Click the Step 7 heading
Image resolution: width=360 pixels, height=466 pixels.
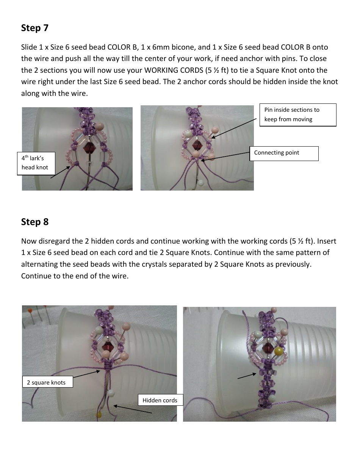(x=34, y=28)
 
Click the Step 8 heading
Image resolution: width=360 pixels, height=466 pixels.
(x=34, y=222)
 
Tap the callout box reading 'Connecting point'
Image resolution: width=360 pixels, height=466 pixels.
(x=283, y=153)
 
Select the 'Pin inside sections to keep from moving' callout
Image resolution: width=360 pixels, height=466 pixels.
(x=298, y=114)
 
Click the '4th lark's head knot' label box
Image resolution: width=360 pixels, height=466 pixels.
(x=36, y=163)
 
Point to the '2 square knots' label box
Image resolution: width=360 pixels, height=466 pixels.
(x=47, y=382)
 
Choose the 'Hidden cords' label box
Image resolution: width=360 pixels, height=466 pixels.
(x=160, y=400)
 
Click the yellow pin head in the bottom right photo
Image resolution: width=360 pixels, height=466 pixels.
(x=280, y=352)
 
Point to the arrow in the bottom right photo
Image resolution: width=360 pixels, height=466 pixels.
(x=247, y=375)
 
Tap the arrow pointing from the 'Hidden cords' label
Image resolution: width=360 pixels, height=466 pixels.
(x=133, y=409)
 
